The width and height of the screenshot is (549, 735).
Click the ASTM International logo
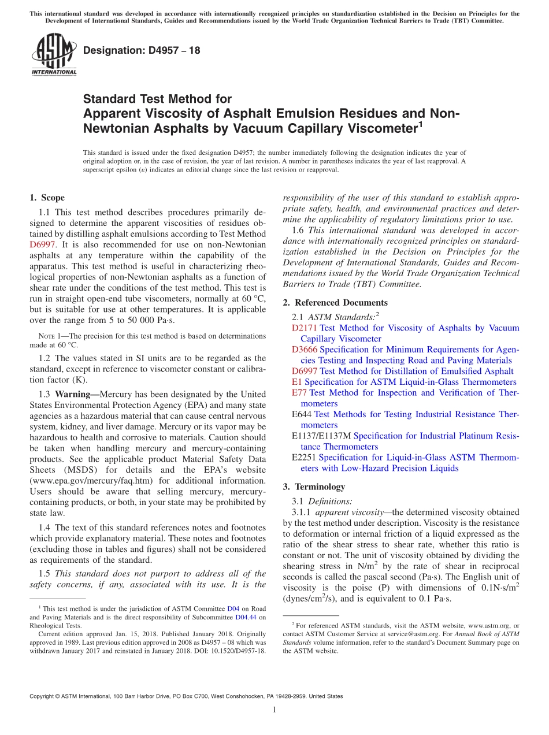pyautogui.click(x=53, y=55)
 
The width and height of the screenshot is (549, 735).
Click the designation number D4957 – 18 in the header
pyautogui.click(x=142, y=50)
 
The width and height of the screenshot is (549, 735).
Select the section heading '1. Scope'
pyautogui.click(x=47, y=198)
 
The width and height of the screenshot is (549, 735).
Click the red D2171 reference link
pyautogui.click(x=304, y=328)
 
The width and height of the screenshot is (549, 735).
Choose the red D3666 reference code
pyautogui.click(x=305, y=350)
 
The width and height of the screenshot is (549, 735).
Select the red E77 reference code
pyautogui.click(x=300, y=393)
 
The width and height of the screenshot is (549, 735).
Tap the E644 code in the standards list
pyautogui.click(x=302, y=414)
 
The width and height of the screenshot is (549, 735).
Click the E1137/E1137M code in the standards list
pyautogui.click(x=321, y=436)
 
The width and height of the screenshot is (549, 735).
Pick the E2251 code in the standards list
pyautogui.click(x=304, y=458)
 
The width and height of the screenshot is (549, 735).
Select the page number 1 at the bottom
pyautogui.click(x=274, y=710)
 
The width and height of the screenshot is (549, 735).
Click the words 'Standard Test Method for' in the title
pyautogui.click(x=157, y=99)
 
